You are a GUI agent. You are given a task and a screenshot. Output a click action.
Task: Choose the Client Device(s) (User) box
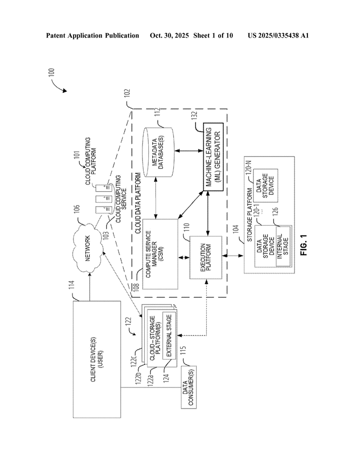97,359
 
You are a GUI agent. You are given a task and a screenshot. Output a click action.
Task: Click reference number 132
195,116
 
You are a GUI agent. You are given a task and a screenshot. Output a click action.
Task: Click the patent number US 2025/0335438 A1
278,35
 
